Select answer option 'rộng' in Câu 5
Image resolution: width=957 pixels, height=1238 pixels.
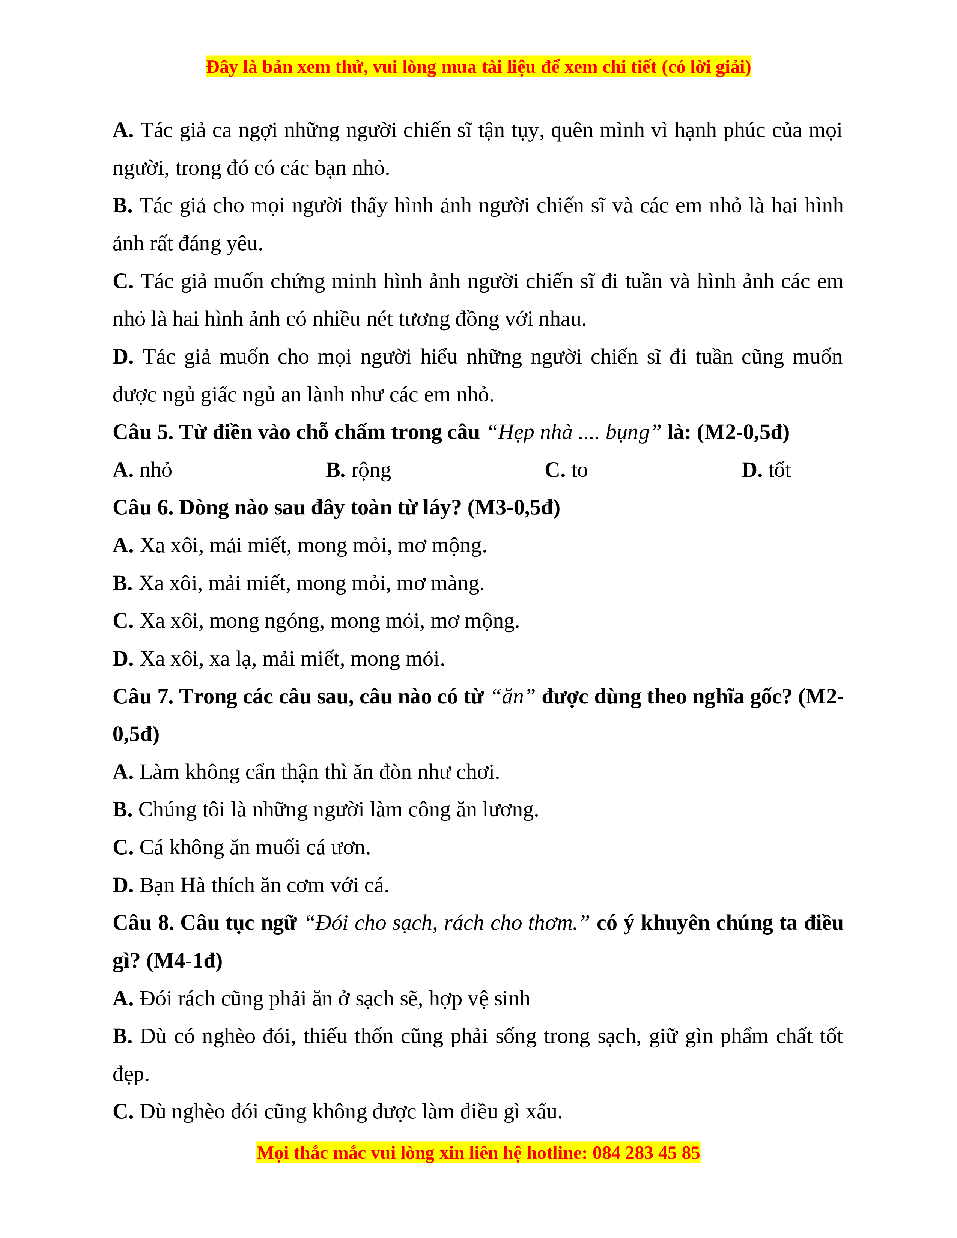pos(371,470)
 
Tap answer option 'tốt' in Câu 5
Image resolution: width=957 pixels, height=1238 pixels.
pos(779,470)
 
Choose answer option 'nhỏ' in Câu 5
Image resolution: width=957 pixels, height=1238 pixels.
pos(156,470)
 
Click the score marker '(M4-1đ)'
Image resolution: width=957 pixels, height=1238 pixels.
pos(184,961)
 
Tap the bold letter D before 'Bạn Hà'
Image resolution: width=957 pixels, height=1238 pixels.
pos(122,885)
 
